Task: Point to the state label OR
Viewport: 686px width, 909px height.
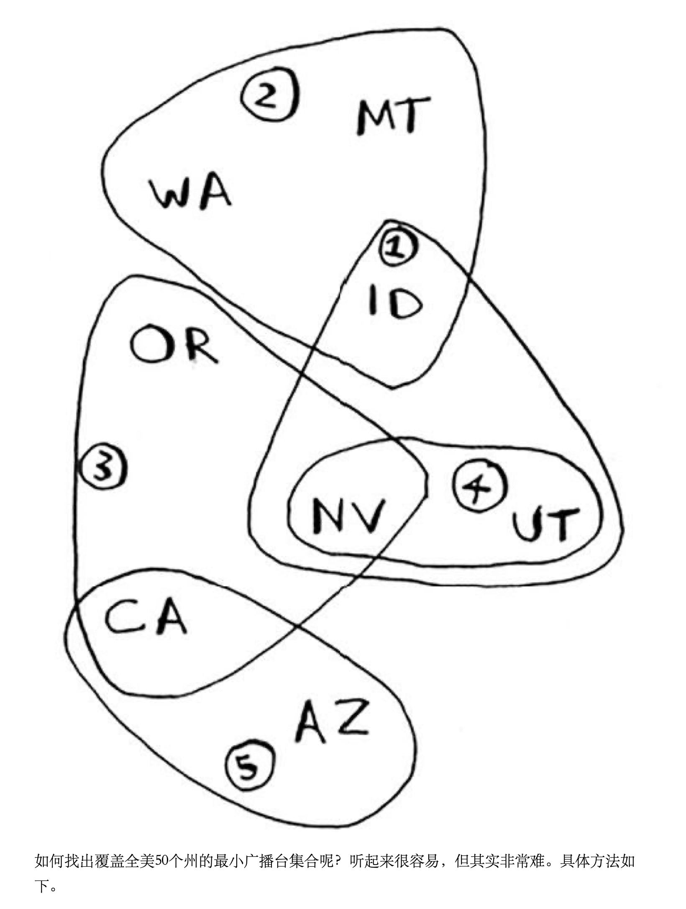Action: pos(174,344)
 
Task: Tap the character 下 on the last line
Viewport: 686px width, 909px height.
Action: pos(42,886)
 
